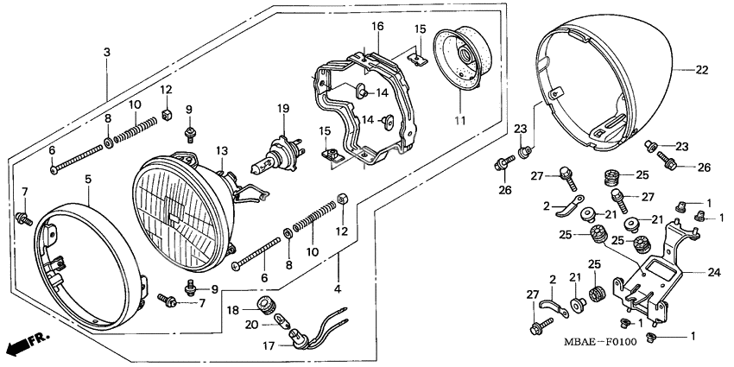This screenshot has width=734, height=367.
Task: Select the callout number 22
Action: tap(701, 70)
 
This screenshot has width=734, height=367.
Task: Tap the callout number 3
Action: tap(107, 53)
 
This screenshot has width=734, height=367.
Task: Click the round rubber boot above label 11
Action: tap(465, 60)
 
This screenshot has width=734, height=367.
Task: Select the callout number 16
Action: tap(377, 27)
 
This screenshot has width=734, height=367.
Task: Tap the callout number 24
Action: tap(713, 272)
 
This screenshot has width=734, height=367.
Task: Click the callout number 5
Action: tap(88, 179)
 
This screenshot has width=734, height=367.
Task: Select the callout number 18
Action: tap(232, 309)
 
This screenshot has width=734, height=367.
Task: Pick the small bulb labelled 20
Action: tap(282, 322)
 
